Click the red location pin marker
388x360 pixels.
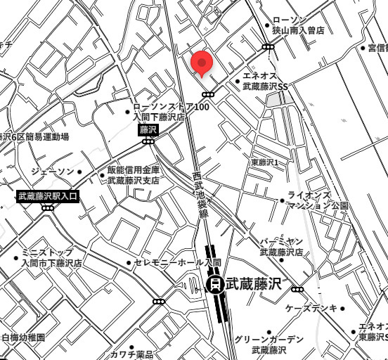pos(202,64)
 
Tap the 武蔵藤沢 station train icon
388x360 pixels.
pos(215,284)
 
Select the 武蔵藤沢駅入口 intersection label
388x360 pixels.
pos(48,195)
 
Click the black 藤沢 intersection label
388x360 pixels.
pos(148,129)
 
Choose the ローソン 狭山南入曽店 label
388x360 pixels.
pos(298,26)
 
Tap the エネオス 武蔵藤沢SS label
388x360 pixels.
pos(265,81)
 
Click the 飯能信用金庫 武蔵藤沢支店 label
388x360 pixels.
pos(133,175)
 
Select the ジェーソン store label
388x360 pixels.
pos(52,172)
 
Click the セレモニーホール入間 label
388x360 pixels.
pos(178,263)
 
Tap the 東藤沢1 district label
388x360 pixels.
pos(265,162)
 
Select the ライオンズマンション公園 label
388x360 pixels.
pos(318,200)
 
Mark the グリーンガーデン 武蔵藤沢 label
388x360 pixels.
pos(269,344)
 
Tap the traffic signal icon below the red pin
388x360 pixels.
pos(208,94)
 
